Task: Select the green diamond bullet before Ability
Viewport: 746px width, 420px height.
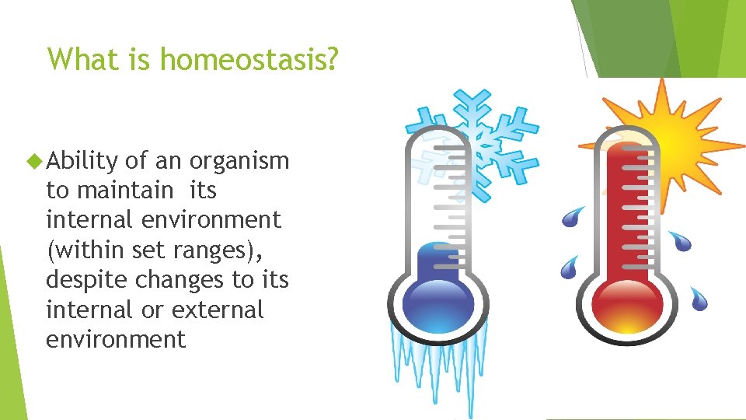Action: pyautogui.click(x=33, y=161)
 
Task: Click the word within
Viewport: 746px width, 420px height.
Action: pyautogui.click(x=83, y=250)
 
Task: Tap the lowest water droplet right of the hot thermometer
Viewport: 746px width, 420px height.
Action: pyautogui.click(x=699, y=298)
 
